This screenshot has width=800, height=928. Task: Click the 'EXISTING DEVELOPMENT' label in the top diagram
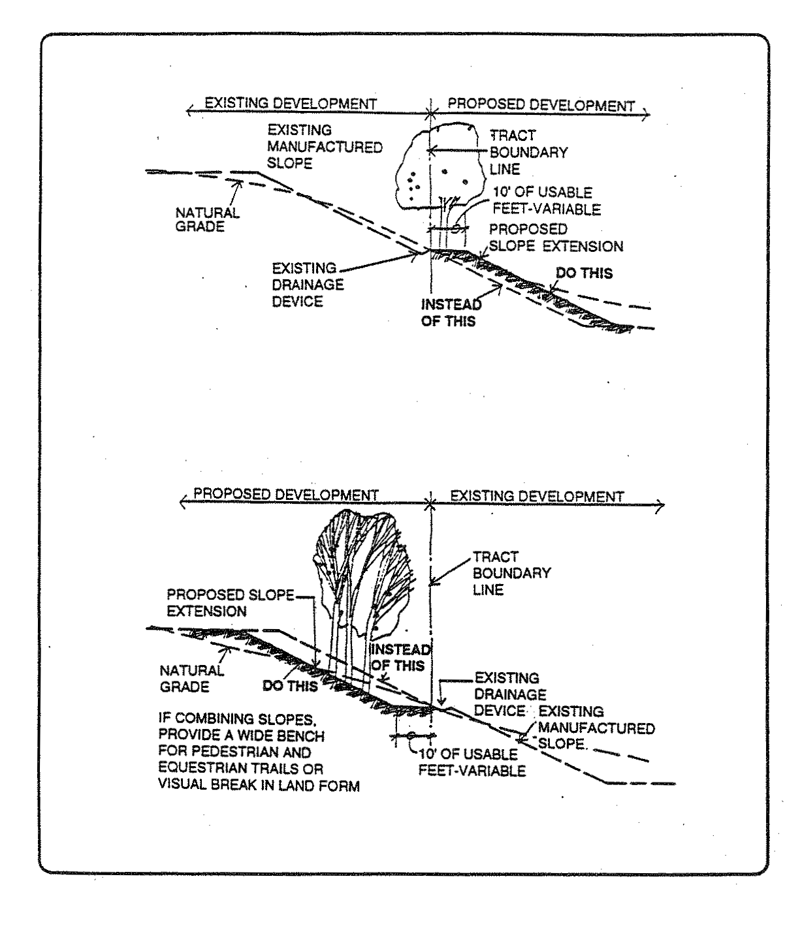[x=291, y=103]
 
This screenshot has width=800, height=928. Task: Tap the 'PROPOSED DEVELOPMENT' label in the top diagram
[x=541, y=104]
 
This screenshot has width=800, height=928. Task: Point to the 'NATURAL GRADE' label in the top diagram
[x=207, y=220]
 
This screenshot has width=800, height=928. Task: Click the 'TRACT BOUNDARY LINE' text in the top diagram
[x=528, y=153]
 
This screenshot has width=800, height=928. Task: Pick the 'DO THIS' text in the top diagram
[x=584, y=273]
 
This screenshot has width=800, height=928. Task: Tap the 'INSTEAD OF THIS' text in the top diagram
[x=451, y=312]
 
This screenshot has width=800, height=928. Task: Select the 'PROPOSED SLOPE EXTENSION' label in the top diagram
[x=556, y=238]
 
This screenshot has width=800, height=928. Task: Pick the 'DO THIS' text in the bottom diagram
[x=290, y=686]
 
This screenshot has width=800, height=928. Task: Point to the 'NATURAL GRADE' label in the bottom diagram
[x=191, y=679]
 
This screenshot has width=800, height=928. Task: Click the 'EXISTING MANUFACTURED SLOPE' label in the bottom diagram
[x=596, y=727]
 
